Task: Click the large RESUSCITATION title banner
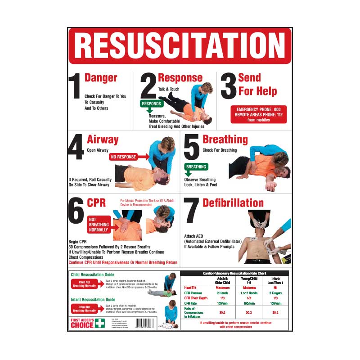[180, 45]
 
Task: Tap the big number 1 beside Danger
[75, 86]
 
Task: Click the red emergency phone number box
[258, 115]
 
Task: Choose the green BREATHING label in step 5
[196, 167]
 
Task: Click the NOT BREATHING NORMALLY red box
[98, 224]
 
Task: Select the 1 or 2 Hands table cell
[249, 292]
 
